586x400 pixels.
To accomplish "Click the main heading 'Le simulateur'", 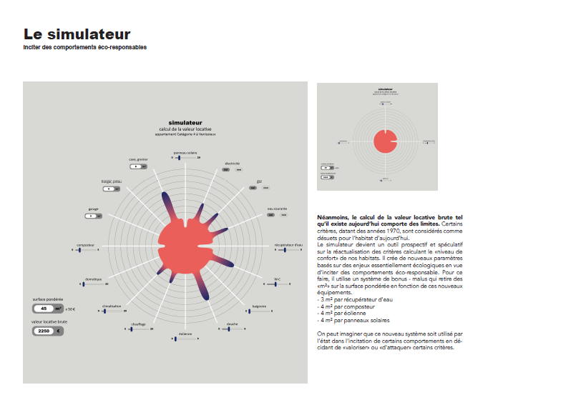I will point(77,34).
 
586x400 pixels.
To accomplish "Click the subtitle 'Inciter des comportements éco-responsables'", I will point(85,48).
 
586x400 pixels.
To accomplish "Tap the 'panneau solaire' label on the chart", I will point(185,152).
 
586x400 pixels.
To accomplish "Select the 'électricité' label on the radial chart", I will point(232,163).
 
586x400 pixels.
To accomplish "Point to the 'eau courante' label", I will point(277,209).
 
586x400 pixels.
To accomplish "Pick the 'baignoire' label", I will point(259,306).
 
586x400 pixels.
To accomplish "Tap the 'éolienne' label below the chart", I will point(185,334).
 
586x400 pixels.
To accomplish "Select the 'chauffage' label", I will point(138,324).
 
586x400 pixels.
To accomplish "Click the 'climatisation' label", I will point(110,306).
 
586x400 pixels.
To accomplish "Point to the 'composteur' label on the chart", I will point(85,245).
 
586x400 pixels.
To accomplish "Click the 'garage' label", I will point(93,209).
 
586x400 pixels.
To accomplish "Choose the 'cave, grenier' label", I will point(138,159).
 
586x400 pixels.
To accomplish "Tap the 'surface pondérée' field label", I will point(48,299).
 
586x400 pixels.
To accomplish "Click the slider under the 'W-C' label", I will point(276,284).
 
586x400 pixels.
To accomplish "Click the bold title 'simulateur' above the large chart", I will point(185,123).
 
